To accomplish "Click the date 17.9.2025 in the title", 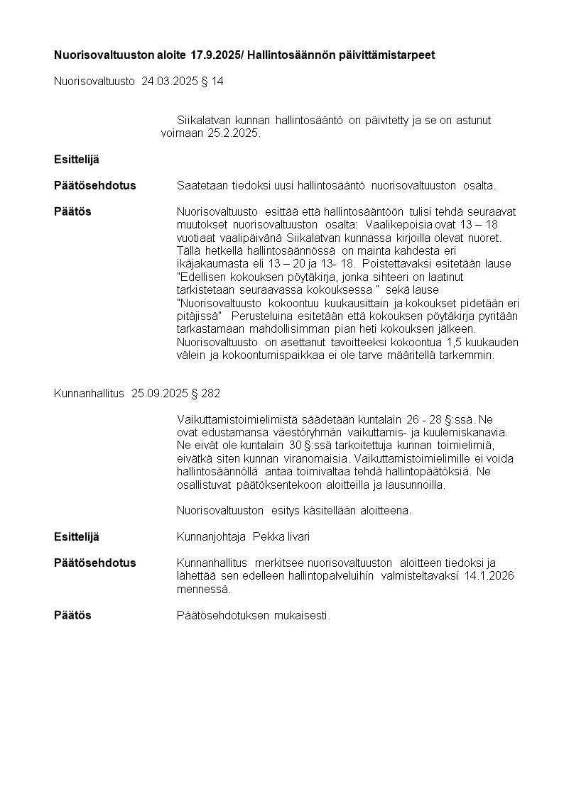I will pos(215,55).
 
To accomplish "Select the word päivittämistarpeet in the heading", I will pos(394,55).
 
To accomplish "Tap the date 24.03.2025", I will pos(168,82).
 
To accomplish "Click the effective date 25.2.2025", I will pos(234,133).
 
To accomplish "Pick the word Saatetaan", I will pos(200,186).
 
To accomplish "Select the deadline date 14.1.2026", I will pos(489,575).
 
